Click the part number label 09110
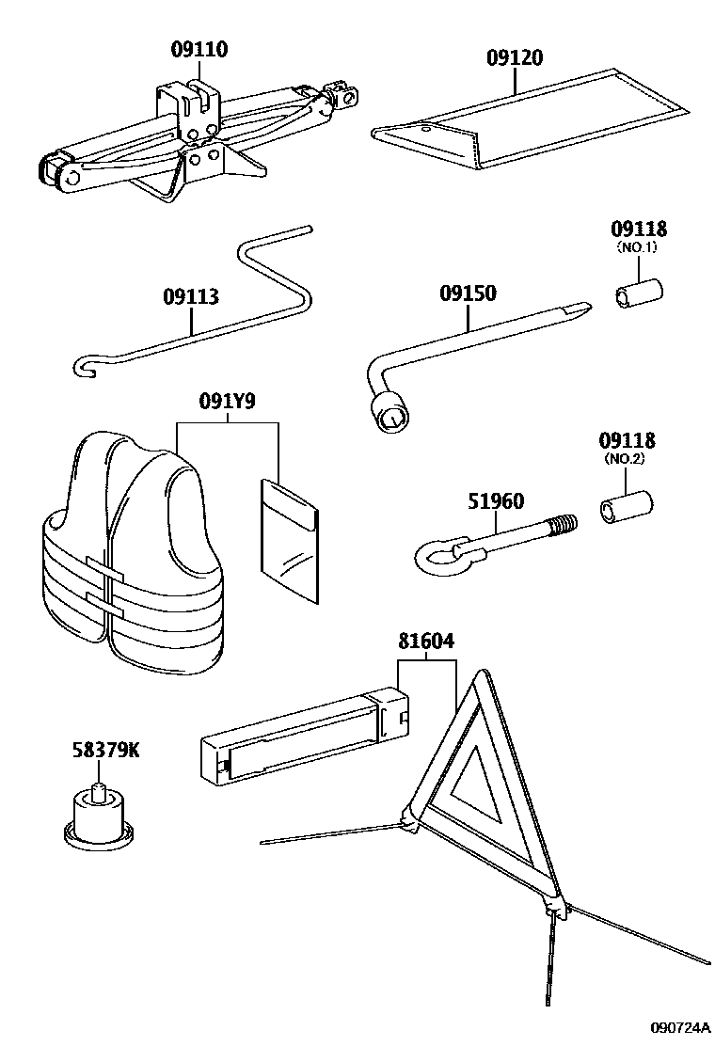pos(199,50)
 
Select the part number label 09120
pos(515,57)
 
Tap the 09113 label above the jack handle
pos(190,297)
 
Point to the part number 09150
pos(468,293)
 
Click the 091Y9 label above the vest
pos(227,402)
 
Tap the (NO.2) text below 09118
pos(628,460)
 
